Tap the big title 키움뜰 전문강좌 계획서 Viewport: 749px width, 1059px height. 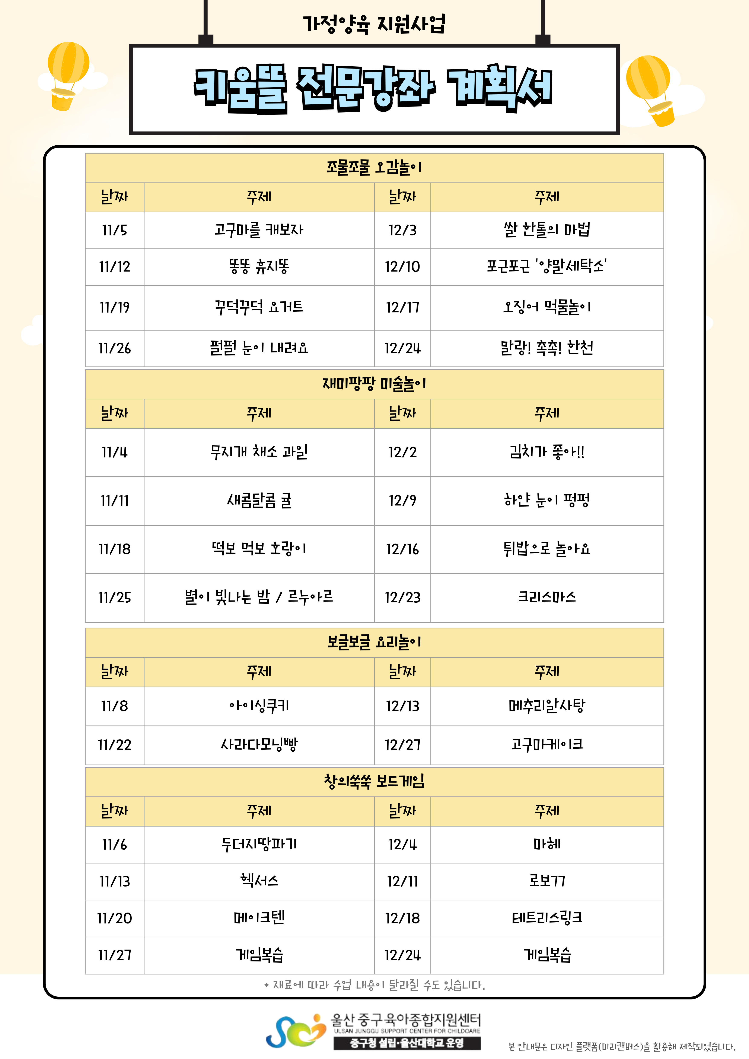pyautogui.click(x=374, y=89)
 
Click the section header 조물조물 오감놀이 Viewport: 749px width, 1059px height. pyautogui.click(x=374, y=167)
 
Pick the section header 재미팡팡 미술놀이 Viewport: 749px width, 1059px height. pyautogui.click(x=374, y=384)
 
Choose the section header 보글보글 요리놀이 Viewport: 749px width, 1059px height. pyautogui.click(x=374, y=642)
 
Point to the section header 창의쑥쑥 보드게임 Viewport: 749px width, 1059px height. pyautogui.click(x=374, y=781)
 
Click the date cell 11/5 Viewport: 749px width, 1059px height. pyautogui.click(x=114, y=230)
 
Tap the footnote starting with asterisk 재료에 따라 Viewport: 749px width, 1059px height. pyautogui.click(x=374, y=985)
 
